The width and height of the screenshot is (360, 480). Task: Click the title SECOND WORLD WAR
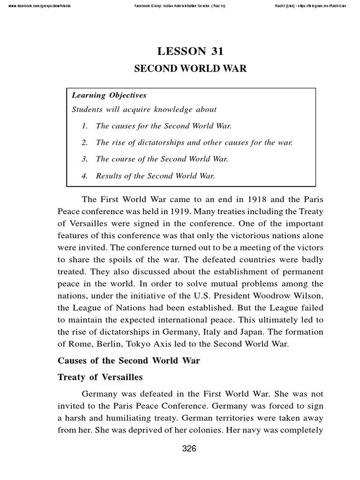click(190, 68)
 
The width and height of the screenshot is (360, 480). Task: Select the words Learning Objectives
click(109, 95)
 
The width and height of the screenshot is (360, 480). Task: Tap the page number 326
click(189, 449)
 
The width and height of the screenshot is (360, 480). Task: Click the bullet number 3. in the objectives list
click(85, 159)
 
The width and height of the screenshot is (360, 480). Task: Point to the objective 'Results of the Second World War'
click(155, 176)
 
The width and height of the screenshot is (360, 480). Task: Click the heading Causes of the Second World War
click(128, 360)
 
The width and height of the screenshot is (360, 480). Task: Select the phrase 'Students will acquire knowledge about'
click(144, 109)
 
